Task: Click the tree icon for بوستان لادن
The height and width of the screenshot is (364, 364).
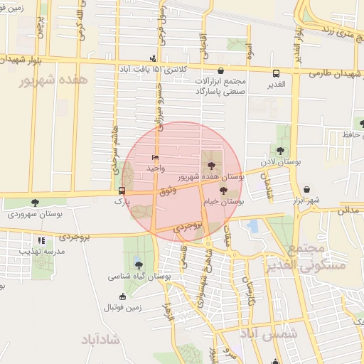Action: pos(281,150)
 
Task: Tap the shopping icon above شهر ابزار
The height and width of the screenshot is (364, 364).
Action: pos(306,190)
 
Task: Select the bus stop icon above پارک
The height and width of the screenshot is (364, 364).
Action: pos(122,191)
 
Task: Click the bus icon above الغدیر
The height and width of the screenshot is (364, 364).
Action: pos(277,73)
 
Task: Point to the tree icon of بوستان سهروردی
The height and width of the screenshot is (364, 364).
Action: pos(35,203)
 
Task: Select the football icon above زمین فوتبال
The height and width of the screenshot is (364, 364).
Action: pos(123,296)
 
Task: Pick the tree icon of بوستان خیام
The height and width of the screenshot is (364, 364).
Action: pos(223,191)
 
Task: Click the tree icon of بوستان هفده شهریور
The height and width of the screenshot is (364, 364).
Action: pos(210,165)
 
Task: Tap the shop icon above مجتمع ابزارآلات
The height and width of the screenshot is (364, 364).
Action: pos(221,70)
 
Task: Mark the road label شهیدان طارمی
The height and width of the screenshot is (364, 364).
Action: pos(337,73)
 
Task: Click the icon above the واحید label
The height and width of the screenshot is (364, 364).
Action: pos(156,157)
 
